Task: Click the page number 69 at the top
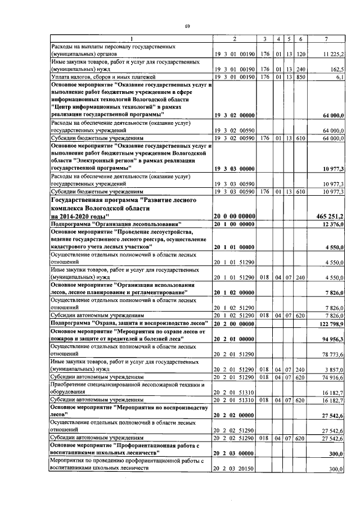tap(188, 26)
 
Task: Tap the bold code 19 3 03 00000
tap(235, 168)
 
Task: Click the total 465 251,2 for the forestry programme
tap(330, 216)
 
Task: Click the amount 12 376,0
tap(333, 224)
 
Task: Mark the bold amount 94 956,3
tap(333, 339)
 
